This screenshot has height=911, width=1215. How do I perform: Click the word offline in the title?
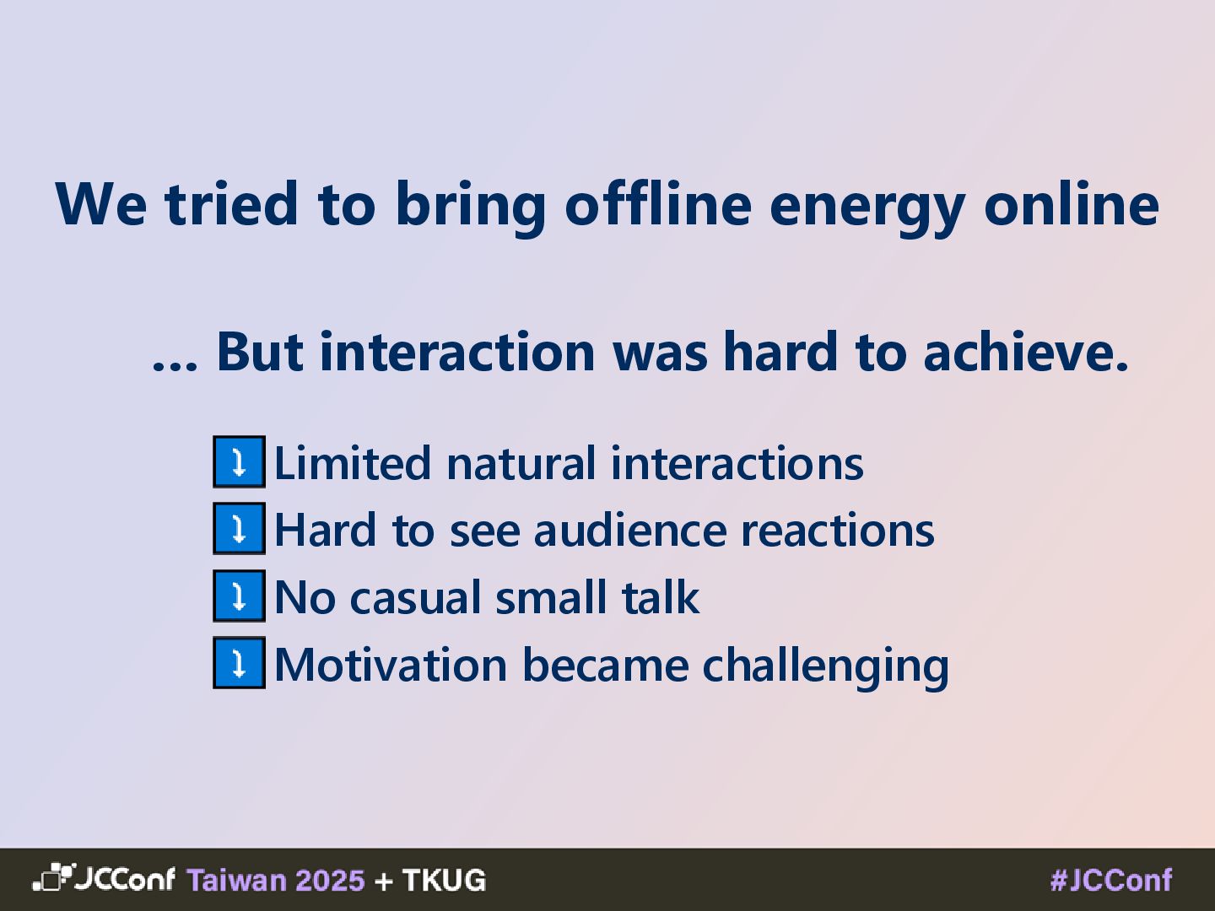click(658, 203)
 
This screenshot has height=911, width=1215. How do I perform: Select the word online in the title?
click(1072, 203)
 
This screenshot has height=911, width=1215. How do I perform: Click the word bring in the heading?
click(471, 208)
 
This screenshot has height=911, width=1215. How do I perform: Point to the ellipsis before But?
click(175, 365)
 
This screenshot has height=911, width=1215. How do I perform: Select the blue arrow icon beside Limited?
click(239, 461)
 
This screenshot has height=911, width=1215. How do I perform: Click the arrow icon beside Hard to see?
click(239, 528)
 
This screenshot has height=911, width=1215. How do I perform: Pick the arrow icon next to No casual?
click(239, 596)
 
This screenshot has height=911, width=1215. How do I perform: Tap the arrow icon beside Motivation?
click(239, 663)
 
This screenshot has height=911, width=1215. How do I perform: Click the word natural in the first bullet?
click(521, 463)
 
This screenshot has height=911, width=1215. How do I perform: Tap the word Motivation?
click(391, 665)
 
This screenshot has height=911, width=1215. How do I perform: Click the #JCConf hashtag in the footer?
click(1111, 880)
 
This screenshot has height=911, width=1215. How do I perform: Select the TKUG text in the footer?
click(444, 880)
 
